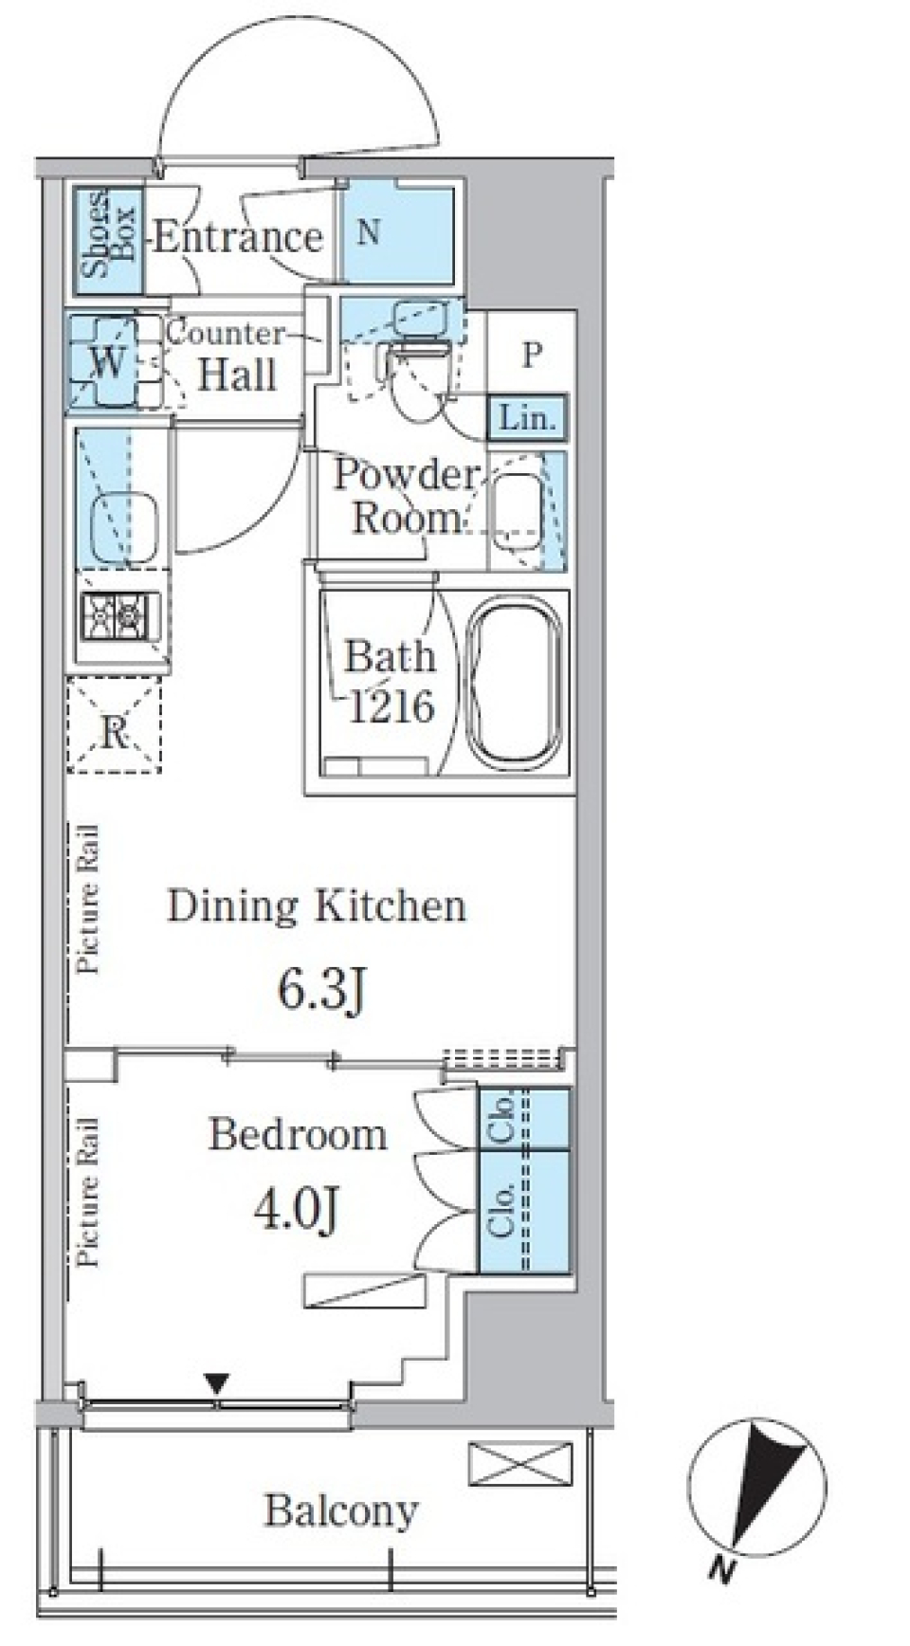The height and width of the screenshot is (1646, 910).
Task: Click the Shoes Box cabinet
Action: coord(109,238)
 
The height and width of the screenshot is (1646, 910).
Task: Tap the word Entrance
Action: coord(238,236)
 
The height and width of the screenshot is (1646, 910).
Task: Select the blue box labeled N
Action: coord(396,233)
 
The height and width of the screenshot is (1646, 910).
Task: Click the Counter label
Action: coord(226,333)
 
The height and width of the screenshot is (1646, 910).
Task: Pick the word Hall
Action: coord(237,375)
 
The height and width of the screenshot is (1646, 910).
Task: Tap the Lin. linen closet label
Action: coord(527,418)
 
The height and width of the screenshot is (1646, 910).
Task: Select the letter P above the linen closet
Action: coord(532,355)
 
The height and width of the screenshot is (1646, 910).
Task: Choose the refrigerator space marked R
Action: coord(114,725)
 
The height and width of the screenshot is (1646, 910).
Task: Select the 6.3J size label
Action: coord(321,992)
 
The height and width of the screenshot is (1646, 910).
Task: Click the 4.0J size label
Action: coord(298,1209)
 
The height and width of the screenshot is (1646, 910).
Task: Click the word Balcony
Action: coord(341,1511)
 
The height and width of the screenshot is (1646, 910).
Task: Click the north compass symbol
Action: coord(757,1488)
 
